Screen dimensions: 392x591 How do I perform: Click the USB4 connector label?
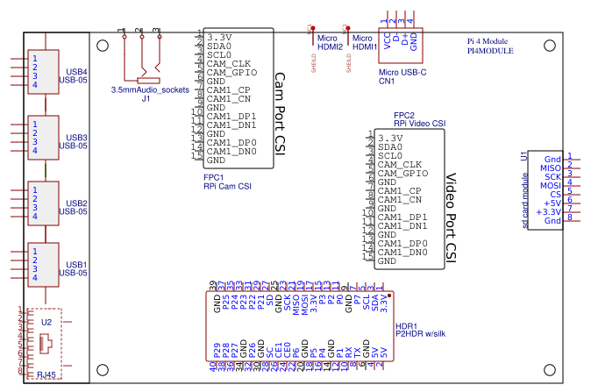point(76,71)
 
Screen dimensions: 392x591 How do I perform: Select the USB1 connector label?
point(76,264)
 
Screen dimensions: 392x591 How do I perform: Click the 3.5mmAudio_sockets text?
point(150,90)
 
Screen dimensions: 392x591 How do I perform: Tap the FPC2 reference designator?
point(403,115)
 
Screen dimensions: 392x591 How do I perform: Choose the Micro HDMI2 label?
point(329,43)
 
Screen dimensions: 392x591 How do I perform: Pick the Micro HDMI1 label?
point(364,43)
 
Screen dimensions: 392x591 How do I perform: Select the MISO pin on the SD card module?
point(550,167)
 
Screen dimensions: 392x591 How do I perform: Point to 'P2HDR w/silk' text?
point(423,334)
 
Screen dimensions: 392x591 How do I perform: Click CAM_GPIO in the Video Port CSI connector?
point(402,174)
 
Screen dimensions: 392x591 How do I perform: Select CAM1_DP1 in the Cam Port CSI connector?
point(231,116)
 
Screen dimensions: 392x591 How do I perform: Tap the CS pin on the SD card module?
point(555,194)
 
